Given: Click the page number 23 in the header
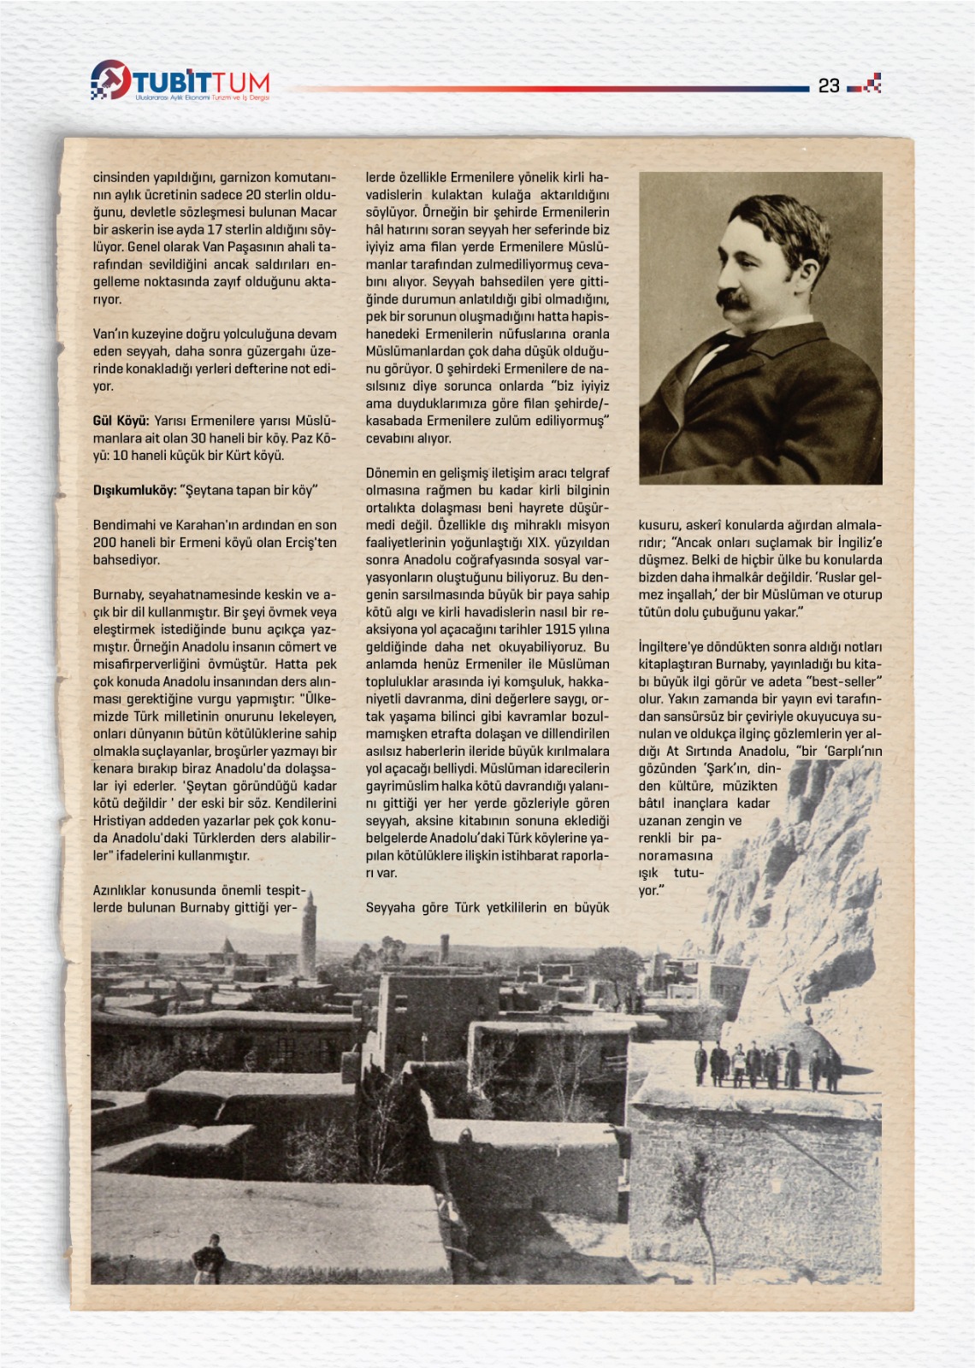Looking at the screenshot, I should click(829, 85).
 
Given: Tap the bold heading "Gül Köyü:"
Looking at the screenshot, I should click(121, 421).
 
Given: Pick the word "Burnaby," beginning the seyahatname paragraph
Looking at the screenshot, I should click(118, 594).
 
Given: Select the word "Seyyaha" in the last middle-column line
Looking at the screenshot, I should click(391, 907).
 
